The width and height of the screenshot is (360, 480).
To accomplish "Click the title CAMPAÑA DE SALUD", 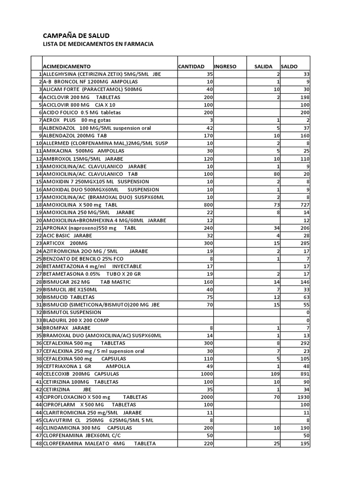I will [76, 36].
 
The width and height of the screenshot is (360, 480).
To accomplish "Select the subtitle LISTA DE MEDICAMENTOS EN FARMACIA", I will [98, 44].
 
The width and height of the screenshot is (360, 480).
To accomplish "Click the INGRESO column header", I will [225, 67].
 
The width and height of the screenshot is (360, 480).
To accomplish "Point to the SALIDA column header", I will [263, 67].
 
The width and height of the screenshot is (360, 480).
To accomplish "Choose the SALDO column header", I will [289, 67].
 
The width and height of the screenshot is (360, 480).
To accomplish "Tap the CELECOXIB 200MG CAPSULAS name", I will [81, 374].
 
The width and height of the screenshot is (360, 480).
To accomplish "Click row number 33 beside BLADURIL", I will [38, 320].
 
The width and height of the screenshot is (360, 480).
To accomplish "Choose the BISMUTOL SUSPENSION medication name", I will [72, 312].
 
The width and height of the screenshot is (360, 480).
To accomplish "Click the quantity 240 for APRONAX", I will [209, 228].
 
